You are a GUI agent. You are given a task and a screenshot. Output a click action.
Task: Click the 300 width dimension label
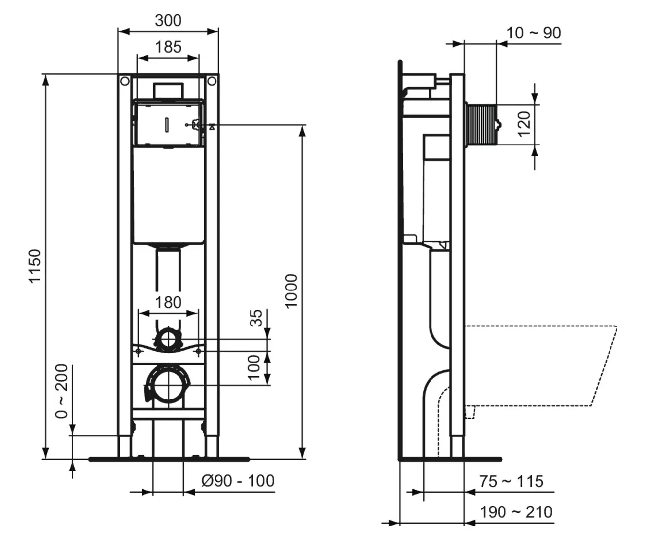point(168,21)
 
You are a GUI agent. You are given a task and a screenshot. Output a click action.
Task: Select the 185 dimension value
point(168,47)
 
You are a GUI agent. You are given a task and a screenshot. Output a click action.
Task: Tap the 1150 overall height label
point(35,266)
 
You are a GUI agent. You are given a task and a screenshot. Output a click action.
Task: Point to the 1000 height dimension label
point(291,291)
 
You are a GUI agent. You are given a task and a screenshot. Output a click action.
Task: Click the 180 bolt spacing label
point(168,302)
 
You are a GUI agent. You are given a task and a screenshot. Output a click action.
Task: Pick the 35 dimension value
point(256,318)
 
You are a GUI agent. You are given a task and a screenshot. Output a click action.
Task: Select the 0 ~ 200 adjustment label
point(61,391)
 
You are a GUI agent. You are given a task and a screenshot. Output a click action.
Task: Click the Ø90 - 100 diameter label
point(238,481)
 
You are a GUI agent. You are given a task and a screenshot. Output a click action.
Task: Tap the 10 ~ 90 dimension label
point(534,33)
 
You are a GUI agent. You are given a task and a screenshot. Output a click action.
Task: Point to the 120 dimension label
point(524,124)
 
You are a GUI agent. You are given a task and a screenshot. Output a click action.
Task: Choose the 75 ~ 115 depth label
point(511,481)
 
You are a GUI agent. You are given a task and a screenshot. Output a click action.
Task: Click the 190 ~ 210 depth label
point(516,512)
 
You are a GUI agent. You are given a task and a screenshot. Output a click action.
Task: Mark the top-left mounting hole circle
point(125,82)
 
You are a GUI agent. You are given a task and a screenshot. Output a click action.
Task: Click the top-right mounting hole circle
point(212,82)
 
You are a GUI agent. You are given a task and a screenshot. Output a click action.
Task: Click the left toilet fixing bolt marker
point(138,351)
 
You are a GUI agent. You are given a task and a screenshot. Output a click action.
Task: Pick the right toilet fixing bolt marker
point(198,351)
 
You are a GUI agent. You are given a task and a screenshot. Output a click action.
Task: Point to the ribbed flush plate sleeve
point(482,124)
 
